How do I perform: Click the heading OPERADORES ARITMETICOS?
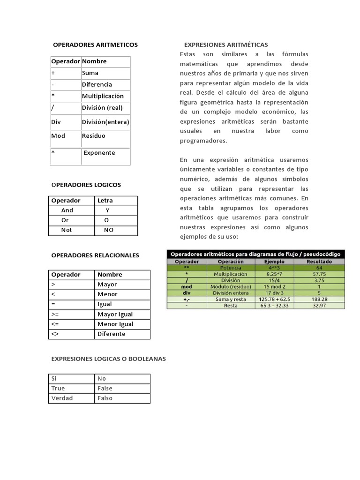click(x=96, y=45)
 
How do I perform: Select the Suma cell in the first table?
click(x=90, y=73)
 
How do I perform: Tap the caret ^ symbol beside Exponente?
click(x=52, y=152)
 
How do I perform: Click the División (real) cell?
click(x=102, y=107)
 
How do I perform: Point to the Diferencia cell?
click(x=97, y=84)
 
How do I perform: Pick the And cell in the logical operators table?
click(x=67, y=210)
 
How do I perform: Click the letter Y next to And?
click(x=107, y=210)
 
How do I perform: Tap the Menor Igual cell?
click(x=115, y=324)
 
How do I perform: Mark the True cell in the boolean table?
click(x=58, y=388)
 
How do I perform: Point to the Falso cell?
click(x=105, y=398)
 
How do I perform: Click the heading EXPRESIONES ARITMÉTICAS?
click(x=226, y=45)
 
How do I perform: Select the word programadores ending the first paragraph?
click(x=203, y=140)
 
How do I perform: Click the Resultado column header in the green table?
click(x=319, y=262)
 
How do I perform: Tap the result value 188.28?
click(x=319, y=299)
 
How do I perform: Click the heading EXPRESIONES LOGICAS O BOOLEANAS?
click(x=108, y=359)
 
